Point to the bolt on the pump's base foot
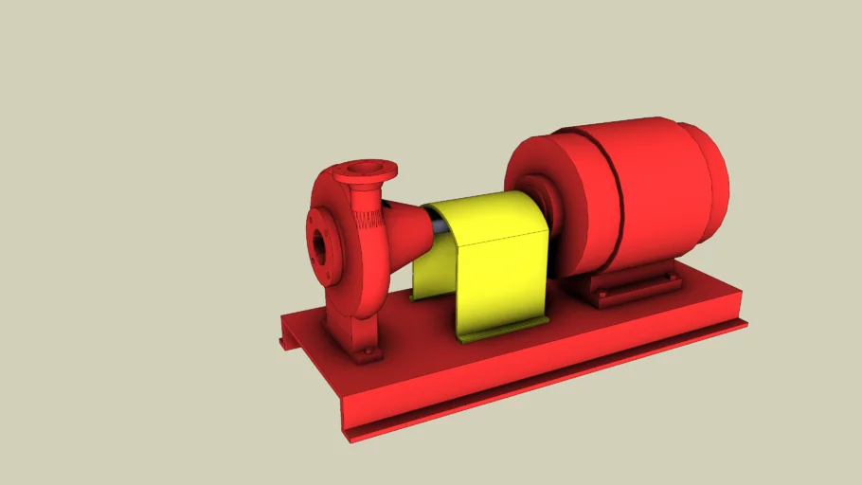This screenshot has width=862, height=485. point(365,356)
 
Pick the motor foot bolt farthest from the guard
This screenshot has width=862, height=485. point(671,278)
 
